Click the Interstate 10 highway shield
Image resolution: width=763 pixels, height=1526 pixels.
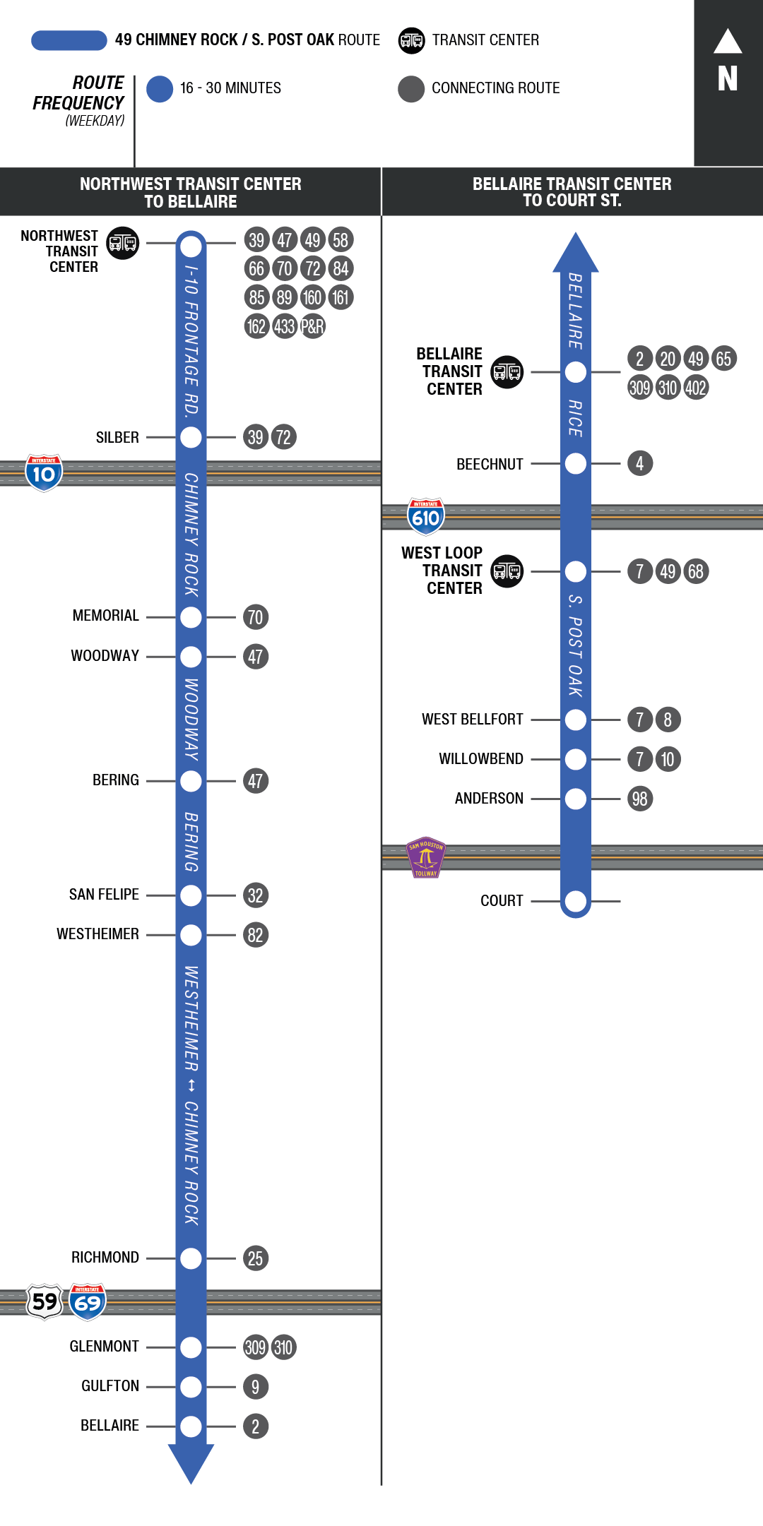click(44, 472)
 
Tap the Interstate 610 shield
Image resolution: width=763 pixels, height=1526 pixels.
click(425, 516)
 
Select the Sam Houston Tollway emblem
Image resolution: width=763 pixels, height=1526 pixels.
click(425, 857)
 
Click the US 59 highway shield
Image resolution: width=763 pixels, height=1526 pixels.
click(45, 1301)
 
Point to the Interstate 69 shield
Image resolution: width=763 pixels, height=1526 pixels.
click(88, 1301)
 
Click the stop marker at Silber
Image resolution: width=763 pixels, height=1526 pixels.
click(191, 438)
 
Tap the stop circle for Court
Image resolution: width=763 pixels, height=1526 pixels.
click(576, 901)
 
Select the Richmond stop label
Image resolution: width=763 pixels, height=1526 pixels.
click(105, 1258)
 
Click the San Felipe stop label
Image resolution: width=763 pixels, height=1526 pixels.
click(104, 895)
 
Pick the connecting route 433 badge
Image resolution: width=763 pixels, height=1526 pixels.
click(284, 326)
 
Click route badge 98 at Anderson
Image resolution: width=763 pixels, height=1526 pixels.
click(639, 799)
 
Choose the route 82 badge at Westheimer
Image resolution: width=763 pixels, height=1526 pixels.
click(255, 935)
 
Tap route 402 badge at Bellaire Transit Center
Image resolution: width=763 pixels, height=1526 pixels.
click(696, 388)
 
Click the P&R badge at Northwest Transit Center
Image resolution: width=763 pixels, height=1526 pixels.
click(312, 326)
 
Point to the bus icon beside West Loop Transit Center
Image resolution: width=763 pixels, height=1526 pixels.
click(507, 571)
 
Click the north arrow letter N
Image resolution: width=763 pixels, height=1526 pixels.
click(728, 78)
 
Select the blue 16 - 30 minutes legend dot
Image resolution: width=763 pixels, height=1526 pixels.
click(160, 89)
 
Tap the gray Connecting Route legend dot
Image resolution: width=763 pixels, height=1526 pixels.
click(411, 89)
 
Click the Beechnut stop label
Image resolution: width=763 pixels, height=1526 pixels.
click(490, 464)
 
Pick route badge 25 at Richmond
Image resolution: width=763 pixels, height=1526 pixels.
click(255, 1258)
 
